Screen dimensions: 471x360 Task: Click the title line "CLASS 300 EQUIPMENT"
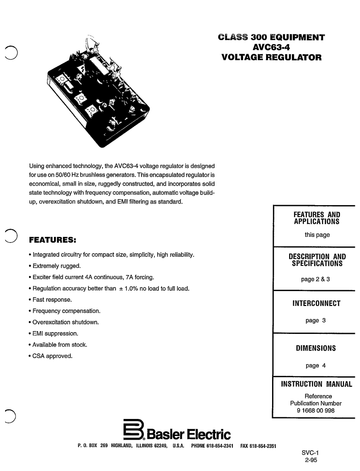point(272,37)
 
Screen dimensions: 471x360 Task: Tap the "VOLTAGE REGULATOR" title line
point(272,57)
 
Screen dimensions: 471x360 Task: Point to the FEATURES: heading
point(52,240)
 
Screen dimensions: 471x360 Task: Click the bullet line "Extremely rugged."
point(54,266)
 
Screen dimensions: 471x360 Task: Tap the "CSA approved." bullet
point(50,356)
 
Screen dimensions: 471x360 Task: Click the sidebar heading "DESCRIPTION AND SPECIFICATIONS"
point(317,260)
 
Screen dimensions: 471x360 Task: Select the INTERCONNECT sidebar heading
point(317,304)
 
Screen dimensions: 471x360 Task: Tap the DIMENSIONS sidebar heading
point(316,348)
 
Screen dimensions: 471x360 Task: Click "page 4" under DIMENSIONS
point(315,366)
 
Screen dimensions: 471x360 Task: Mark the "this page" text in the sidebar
point(317,235)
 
